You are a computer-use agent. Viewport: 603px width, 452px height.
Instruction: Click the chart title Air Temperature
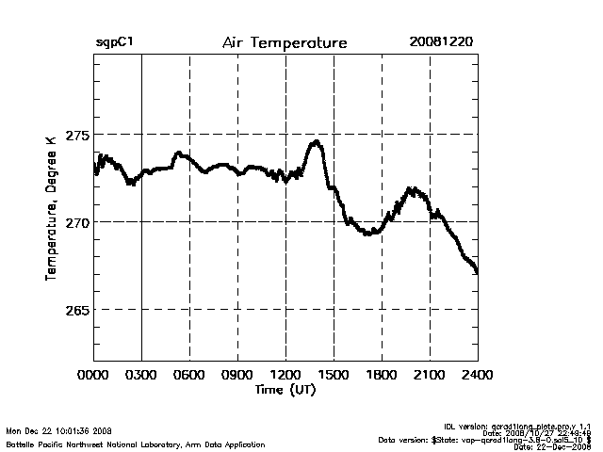285,43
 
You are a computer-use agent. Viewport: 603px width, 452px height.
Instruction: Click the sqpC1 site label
113,43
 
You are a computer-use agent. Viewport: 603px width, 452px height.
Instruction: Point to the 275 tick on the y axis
76,135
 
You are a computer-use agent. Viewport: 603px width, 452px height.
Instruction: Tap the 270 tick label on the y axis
76,222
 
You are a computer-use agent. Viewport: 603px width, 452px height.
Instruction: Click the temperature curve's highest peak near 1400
317,142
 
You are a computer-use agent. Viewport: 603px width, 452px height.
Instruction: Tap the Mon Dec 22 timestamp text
58,431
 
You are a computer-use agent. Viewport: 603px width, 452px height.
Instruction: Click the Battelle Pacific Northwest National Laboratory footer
136,444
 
